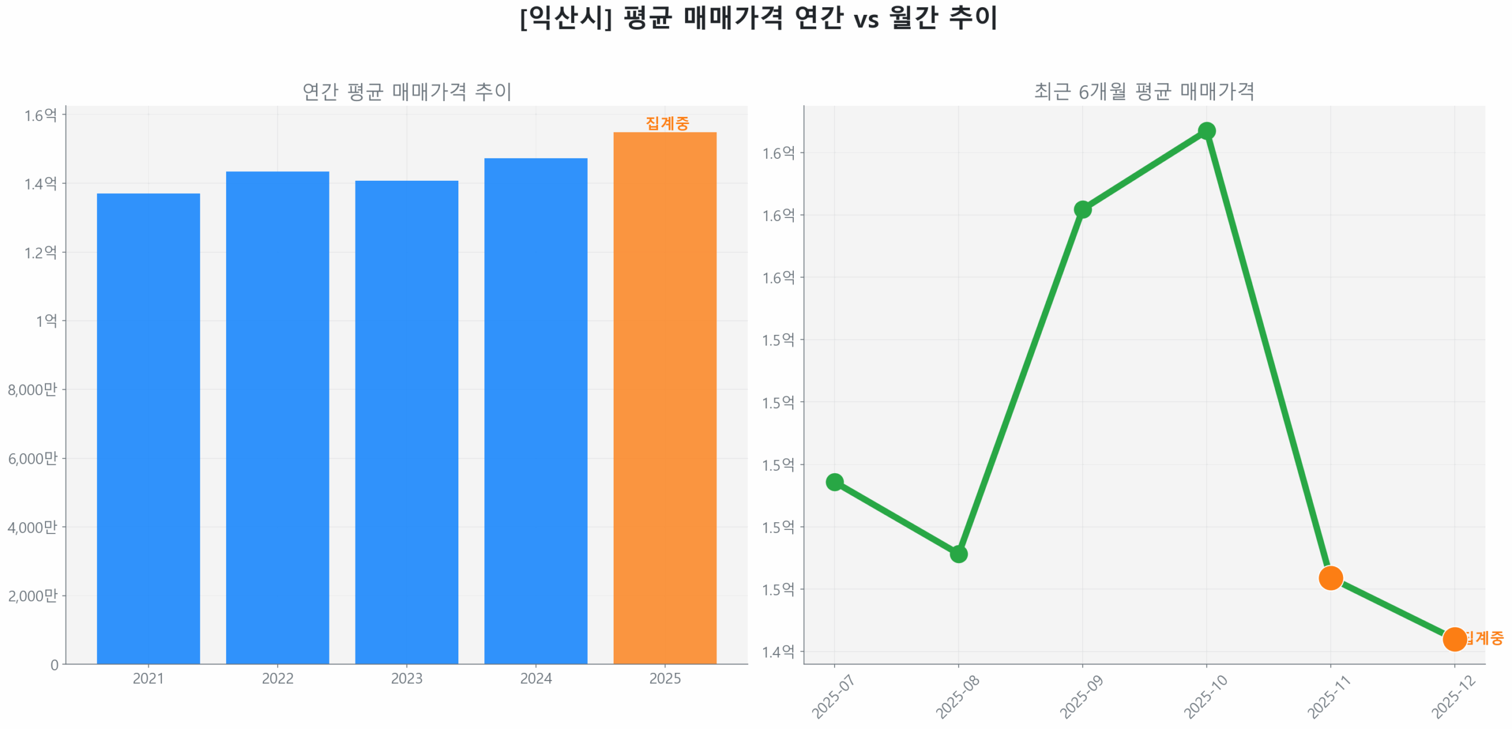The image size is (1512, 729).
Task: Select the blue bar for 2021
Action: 148,428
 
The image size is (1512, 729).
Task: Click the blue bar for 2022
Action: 277,417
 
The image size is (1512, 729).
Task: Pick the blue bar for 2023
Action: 406,422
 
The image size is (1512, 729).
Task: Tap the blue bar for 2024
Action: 536,411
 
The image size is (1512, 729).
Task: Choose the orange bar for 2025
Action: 664,398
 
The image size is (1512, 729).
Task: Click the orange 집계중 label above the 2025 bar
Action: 667,123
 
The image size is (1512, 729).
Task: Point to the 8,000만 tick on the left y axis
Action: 32,389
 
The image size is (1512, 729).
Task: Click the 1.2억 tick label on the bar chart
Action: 40,252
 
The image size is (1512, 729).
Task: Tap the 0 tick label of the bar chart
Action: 54,665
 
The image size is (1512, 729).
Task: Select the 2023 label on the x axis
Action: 406,678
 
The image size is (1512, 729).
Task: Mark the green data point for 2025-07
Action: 834,482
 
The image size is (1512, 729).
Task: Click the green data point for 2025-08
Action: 958,554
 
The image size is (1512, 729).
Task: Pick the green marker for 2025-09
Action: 1082,210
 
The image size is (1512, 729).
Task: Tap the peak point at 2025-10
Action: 1206,131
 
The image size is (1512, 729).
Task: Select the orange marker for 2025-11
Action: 1330,578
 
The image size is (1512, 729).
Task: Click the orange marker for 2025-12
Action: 1454,639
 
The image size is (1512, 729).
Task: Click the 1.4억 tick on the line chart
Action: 778,652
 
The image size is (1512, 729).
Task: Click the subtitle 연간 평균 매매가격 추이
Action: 406,92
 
